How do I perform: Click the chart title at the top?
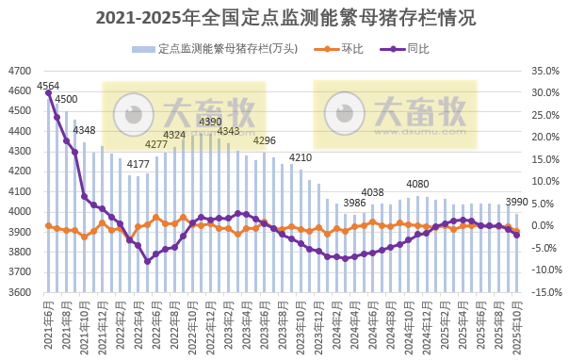pyautogui.click(x=284, y=17)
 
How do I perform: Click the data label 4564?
pyautogui.click(x=48, y=87)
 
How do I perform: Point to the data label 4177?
pyautogui.click(x=138, y=164)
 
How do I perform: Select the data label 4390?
pyautogui.click(x=210, y=122)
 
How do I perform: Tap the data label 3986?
pyautogui.click(x=355, y=203)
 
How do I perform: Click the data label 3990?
pyautogui.click(x=517, y=202)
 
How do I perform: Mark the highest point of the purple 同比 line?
pyautogui.click(x=48, y=92)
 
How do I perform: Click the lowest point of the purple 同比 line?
pyautogui.click(x=147, y=261)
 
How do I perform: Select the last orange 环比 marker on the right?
pyautogui.click(x=516, y=231)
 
